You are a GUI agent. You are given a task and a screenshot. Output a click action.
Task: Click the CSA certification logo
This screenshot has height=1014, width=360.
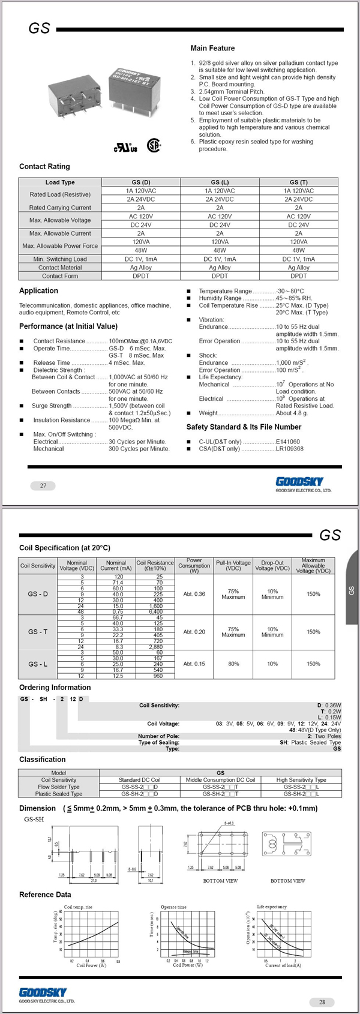(x=154, y=145)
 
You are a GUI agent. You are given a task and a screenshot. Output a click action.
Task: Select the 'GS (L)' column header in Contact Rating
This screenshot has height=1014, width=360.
(x=220, y=182)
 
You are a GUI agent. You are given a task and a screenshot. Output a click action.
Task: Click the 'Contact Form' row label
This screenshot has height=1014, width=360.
(x=60, y=276)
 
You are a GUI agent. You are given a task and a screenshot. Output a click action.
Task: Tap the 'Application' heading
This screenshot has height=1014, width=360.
(x=38, y=290)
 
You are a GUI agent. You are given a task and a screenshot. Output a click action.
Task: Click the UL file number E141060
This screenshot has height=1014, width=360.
(x=287, y=442)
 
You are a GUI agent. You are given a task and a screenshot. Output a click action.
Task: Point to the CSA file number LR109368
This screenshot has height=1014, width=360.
(x=289, y=449)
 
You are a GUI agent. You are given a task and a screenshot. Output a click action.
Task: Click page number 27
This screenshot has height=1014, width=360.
(x=43, y=485)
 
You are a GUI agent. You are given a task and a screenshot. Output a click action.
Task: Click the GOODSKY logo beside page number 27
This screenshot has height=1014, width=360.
(x=299, y=481)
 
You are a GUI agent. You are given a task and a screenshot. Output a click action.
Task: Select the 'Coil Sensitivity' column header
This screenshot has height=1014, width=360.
(x=38, y=565)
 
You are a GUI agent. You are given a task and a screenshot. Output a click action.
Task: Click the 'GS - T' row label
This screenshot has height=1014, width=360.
(x=38, y=632)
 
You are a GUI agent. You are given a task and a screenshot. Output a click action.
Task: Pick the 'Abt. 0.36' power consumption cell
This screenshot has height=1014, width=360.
(x=194, y=594)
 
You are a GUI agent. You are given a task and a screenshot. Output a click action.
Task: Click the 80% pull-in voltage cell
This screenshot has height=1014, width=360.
(x=233, y=664)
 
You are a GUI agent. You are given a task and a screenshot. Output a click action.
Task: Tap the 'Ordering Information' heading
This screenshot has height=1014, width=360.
(x=55, y=687)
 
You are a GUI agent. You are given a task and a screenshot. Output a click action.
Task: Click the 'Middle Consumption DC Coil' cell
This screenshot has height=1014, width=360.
(x=220, y=780)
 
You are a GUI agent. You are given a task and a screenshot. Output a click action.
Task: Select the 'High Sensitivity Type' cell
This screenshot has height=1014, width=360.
(x=301, y=780)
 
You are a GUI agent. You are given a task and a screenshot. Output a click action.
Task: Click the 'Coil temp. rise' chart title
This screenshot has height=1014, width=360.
(x=78, y=907)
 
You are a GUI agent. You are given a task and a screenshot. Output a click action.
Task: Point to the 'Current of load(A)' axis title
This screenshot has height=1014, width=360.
(x=283, y=965)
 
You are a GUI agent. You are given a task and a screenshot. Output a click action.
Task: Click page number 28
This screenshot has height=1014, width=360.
(x=322, y=1002)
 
